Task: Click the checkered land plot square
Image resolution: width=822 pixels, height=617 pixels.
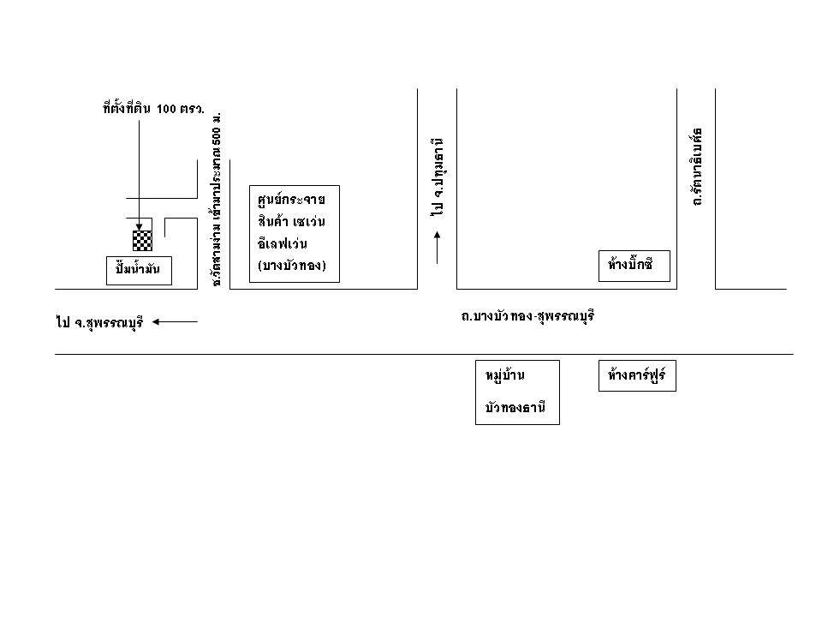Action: (142, 241)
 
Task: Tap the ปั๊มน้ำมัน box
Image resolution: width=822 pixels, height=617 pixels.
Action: (139, 270)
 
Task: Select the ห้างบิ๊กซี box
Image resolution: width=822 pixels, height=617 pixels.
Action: (633, 265)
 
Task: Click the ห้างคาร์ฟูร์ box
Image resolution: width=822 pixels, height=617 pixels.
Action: (637, 376)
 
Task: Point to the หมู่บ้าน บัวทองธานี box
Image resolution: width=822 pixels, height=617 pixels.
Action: (516, 392)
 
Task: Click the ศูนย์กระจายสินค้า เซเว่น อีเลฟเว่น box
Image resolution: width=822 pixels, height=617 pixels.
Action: (294, 232)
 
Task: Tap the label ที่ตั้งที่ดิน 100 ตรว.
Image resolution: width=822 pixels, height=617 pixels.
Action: (152, 109)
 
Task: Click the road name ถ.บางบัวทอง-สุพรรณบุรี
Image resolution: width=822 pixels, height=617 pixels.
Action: (527, 316)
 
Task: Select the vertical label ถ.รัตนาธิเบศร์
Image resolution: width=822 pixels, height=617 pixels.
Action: (697, 167)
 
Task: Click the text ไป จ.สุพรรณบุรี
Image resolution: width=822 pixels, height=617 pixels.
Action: (98, 323)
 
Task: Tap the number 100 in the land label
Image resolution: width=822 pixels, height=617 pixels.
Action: (166, 109)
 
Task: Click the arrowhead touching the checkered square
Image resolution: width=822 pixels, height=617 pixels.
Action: (139, 228)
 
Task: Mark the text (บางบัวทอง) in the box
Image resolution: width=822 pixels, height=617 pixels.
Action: (292, 266)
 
